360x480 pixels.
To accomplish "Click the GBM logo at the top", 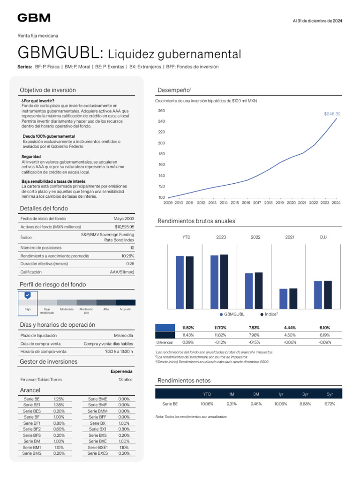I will point(34,18).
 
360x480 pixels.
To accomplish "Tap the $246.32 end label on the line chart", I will point(332,114).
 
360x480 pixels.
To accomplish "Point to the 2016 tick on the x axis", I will point(246,203).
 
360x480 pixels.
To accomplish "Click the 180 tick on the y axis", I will point(162,154).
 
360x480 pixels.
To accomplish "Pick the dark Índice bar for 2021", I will point(293,298).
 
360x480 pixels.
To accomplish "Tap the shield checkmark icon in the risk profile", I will point(28,295).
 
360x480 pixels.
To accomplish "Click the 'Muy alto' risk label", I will point(126,309).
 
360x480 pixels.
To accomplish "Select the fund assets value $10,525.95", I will point(124,227).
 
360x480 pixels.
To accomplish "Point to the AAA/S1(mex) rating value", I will point(122,272).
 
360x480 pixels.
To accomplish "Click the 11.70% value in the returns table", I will point(220,328).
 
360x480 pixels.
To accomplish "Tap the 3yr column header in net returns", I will point(305,394).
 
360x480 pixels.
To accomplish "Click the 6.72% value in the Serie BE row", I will point(330,404).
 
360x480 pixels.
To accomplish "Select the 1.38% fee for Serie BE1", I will point(59,405).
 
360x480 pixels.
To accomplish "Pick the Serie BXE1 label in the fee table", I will point(97,448).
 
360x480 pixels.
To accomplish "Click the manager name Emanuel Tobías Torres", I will point(41,380).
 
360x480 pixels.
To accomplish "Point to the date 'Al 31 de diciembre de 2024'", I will point(317,21).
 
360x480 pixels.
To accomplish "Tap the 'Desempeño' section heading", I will point(173,90).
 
